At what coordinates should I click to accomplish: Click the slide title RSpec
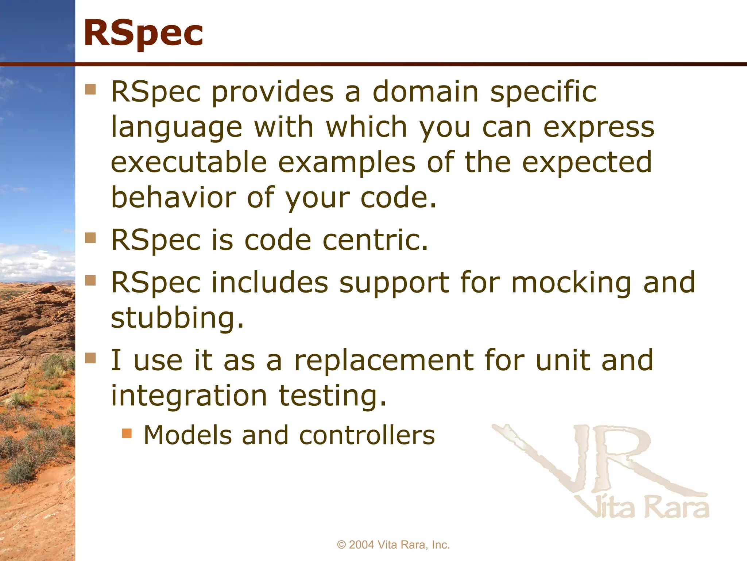[143, 34]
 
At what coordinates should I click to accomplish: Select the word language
[177, 128]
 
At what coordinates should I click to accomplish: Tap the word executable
[189, 162]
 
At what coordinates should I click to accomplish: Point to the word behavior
[174, 197]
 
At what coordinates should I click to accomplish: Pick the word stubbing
[177, 318]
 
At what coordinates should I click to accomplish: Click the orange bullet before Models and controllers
[127, 434]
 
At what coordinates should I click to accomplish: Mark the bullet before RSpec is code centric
[90, 238]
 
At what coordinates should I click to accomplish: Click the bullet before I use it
[90, 358]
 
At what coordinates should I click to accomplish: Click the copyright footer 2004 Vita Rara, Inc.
[393, 545]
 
